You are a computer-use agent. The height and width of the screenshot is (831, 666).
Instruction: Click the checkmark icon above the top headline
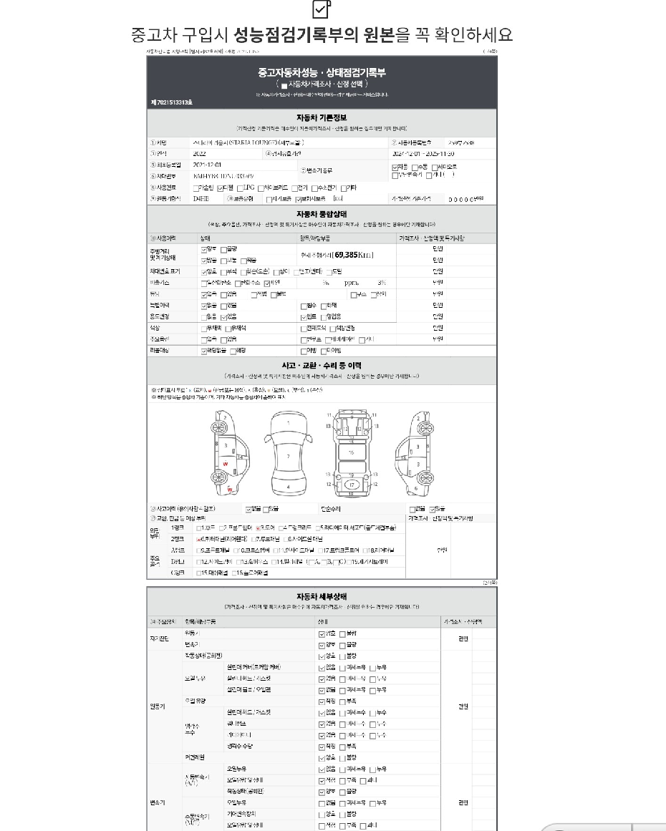tap(322, 9)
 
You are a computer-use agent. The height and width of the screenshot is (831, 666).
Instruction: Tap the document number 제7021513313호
tap(171, 102)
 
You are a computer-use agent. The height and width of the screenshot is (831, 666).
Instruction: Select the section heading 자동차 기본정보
tap(322, 117)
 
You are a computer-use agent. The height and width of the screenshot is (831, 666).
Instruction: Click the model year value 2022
tap(200, 153)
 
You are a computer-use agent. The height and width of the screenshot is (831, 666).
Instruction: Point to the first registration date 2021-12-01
tap(208, 164)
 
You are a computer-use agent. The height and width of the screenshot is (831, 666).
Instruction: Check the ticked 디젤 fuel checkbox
tap(221, 188)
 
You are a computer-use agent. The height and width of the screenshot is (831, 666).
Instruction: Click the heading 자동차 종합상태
tap(322, 213)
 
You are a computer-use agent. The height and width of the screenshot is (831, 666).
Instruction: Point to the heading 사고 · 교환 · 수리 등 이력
tap(322, 365)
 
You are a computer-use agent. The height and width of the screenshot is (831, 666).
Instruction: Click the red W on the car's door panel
tap(226, 464)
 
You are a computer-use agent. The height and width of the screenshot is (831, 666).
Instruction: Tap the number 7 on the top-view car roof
tap(288, 455)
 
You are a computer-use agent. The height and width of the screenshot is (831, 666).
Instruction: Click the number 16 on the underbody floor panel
tap(351, 452)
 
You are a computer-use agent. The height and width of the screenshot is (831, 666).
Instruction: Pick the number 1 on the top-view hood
tap(288, 423)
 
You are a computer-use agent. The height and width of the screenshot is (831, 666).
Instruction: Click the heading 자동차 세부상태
tap(322, 596)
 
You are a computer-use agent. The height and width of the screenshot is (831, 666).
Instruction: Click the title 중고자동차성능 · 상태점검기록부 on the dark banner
tap(322, 72)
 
